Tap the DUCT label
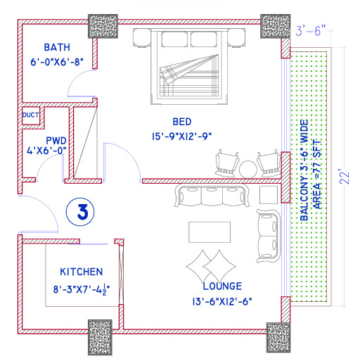pos(30,115)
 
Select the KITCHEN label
pos(82,272)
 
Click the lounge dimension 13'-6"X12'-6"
pos(221,302)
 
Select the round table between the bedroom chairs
pos(248,169)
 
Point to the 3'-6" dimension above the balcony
pos(311,31)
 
